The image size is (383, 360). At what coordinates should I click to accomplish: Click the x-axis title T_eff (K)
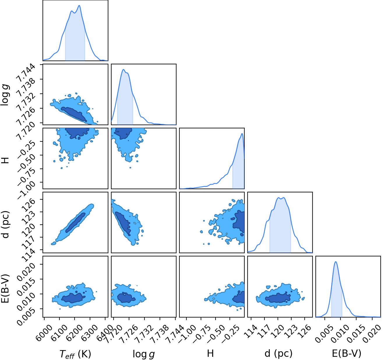click(x=75, y=353)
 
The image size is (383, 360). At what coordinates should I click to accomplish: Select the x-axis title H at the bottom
click(x=210, y=353)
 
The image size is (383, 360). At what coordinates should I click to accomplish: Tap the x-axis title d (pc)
click(x=278, y=353)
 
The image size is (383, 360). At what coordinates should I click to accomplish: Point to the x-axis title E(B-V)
click(x=347, y=353)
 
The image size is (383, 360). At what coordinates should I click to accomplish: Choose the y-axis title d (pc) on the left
click(x=6, y=224)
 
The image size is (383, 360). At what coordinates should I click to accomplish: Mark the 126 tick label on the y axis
click(x=29, y=204)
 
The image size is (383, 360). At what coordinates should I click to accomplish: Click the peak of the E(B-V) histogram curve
click(x=336, y=262)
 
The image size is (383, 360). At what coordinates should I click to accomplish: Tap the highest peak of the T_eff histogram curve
click(x=79, y=6)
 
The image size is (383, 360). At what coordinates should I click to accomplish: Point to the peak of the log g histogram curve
click(x=123, y=70)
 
